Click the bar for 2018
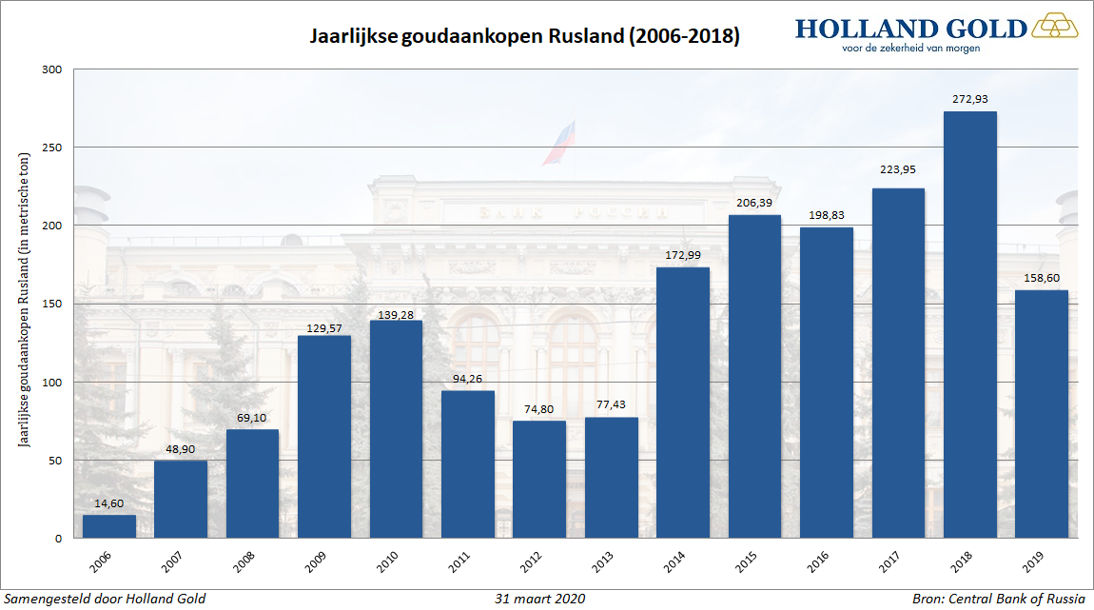click(970, 325)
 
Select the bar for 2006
click(108, 526)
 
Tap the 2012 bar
click(539, 479)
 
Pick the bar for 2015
click(754, 376)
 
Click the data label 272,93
click(970, 99)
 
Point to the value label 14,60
click(108, 502)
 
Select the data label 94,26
click(467, 378)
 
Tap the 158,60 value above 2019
click(1042, 278)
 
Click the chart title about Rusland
click(525, 37)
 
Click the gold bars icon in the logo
click(1055, 25)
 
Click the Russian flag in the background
click(559, 142)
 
